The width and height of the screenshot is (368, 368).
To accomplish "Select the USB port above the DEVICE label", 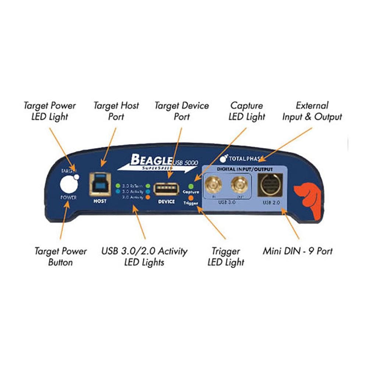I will pyautogui.click(x=166, y=188).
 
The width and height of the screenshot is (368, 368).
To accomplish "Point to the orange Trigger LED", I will pyautogui.click(x=191, y=197).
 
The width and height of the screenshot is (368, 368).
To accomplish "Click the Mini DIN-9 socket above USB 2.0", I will pyautogui.click(x=271, y=184).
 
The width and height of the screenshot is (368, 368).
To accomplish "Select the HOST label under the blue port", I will pyautogui.click(x=99, y=201).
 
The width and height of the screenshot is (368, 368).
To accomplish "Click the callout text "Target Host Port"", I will pyautogui.click(x=116, y=111).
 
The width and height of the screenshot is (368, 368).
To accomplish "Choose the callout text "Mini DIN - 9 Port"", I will pyautogui.click(x=297, y=251).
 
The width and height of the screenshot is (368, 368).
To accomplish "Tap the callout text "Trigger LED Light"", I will pyautogui.click(x=226, y=257).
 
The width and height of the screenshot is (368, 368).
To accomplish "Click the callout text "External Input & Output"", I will pyautogui.click(x=312, y=111).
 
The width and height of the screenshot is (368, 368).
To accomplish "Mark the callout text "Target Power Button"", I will pyautogui.click(x=61, y=257).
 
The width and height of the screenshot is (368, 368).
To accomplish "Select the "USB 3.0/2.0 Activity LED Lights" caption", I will pyautogui.click(x=144, y=257).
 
